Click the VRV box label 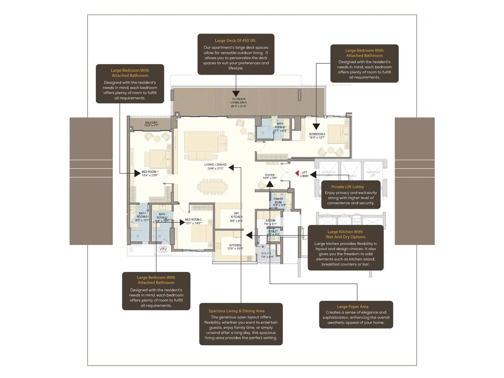[163, 249]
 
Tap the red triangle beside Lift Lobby [297, 173]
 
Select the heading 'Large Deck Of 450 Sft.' [235, 41]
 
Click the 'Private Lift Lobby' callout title [347, 187]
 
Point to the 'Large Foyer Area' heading [352, 306]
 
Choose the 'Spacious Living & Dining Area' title [236, 311]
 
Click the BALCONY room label [151, 124]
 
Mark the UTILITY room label [266, 255]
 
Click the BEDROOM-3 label [317, 136]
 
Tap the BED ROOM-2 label [193, 221]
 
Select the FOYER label [270, 176]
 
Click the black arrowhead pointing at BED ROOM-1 [137, 173]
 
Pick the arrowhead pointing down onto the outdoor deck [236, 94]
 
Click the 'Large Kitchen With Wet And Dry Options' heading [345, 234]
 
